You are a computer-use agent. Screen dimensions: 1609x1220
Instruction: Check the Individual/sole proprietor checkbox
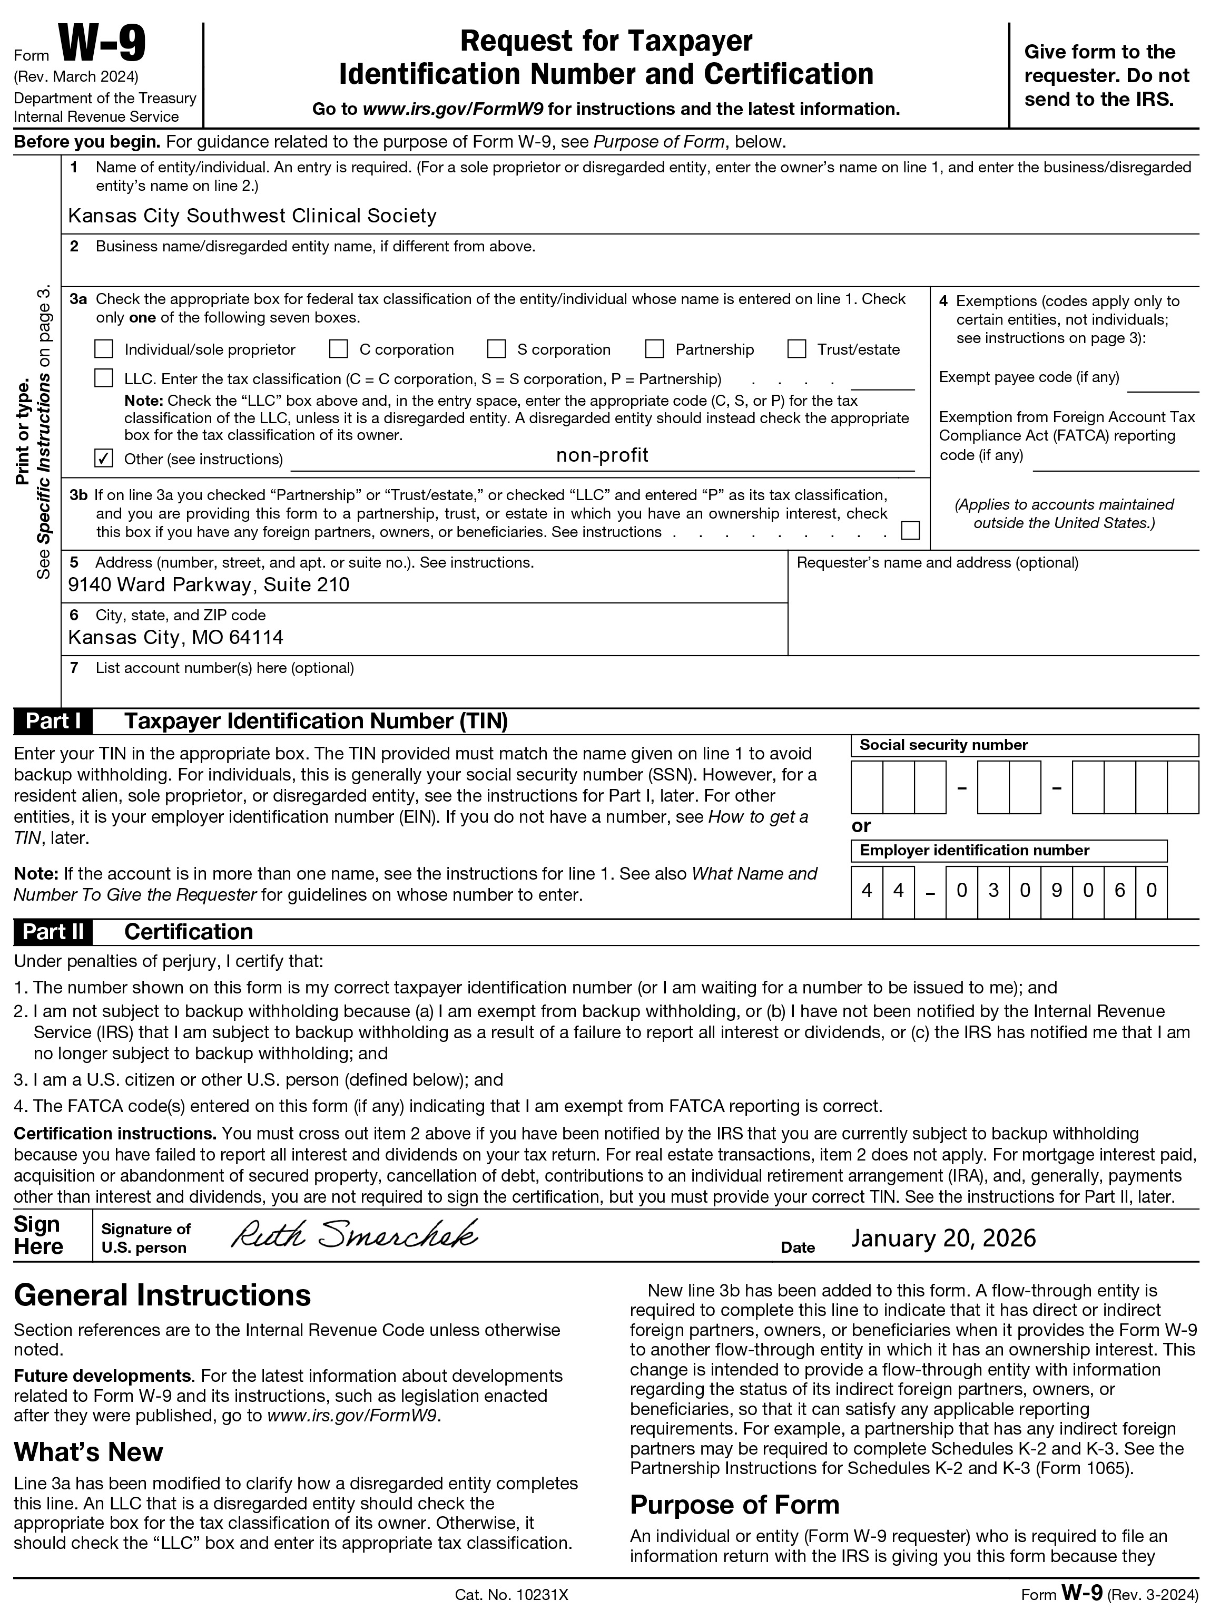[104, 349]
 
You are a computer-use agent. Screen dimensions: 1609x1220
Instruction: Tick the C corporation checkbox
[338, 349]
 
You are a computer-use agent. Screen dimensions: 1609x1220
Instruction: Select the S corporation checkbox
[497, 349]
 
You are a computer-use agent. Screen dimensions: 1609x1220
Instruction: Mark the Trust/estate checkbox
[797, 349]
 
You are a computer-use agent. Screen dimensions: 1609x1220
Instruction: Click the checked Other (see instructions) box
[104, 459]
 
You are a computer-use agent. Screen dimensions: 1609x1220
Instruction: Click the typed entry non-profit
[602, 455]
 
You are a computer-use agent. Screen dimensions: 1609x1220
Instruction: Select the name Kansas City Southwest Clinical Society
[252, 216]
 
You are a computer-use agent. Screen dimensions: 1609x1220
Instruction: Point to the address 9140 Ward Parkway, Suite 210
[209, 585]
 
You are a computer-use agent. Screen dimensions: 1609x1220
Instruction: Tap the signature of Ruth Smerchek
[354, 1235]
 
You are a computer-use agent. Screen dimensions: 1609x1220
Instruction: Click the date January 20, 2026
[943, 1238]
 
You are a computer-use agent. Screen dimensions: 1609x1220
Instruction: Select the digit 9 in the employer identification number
[1056, 890]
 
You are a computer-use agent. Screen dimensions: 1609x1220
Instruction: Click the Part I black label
[52, 721]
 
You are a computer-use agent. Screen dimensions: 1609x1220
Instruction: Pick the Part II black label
[52, 932]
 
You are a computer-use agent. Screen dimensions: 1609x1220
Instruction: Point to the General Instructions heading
[162, 1295]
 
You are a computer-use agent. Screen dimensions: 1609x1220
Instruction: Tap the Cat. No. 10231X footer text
[511, 1595]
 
